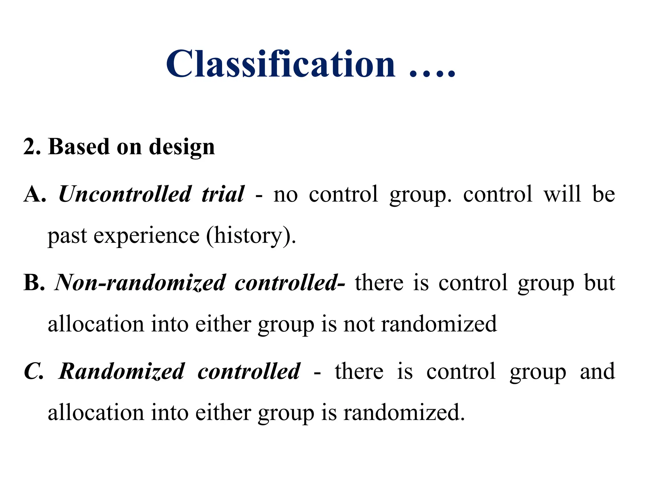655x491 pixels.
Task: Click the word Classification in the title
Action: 280,64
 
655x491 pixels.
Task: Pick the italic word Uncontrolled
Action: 125,194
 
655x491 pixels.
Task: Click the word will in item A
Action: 562,194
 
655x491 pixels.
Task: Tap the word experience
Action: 146,236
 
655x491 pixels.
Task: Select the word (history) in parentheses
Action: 251,236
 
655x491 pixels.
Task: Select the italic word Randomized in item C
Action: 122,371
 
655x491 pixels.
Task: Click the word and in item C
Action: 597,371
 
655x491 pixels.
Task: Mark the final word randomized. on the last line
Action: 404,413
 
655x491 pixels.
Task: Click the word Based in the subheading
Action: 79,147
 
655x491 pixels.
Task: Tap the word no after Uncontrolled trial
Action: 285,195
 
